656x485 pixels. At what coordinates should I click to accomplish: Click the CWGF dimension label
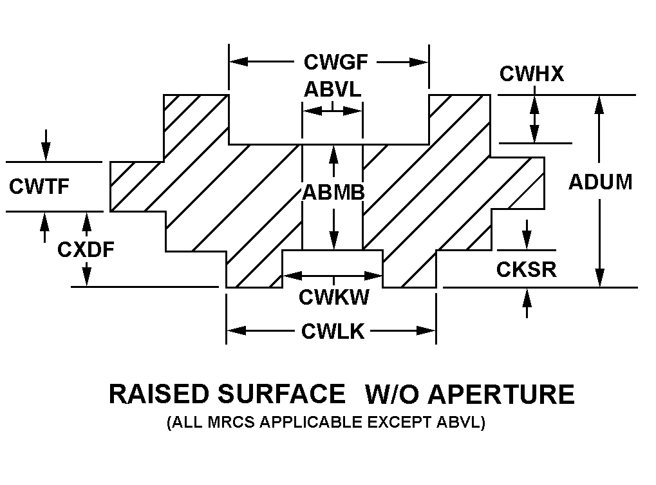click(x=336, y=62)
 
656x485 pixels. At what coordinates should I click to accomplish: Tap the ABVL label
click(x=332, y=90)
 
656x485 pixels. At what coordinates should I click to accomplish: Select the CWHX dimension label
click(x=532, y=74)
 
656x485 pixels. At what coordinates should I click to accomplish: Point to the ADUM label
click(x=600, y=182)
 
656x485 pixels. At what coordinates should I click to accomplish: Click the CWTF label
click(x=39, y=185)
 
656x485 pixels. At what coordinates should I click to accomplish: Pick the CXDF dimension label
click(x=86, y=249)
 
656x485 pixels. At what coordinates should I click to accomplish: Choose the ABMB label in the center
click(x=333, y=192)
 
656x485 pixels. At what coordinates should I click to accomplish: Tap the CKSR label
click(x=526, y=269)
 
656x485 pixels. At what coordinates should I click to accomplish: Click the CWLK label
click(x=333, y=331)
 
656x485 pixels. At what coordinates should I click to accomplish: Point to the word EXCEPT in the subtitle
click(x=406, y=423)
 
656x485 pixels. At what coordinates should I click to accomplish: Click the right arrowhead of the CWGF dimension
click(x=421, y=62)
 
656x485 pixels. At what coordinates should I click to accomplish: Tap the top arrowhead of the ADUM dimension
click(x=599, y=103)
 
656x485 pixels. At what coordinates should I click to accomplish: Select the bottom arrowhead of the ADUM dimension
click(x=599, y=279)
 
